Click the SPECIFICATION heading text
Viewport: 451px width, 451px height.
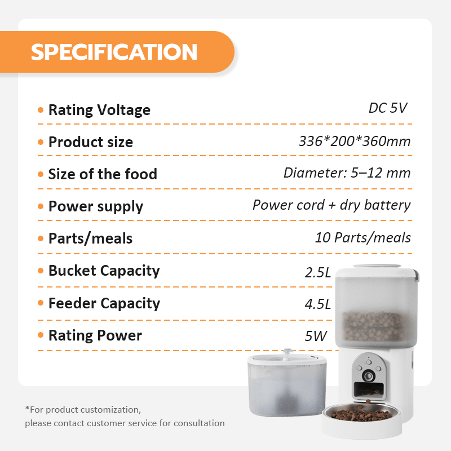114,52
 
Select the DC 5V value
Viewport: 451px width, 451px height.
388,108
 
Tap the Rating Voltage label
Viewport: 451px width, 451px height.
99,110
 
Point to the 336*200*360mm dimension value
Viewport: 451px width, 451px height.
355,142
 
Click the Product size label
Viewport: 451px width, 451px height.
91,142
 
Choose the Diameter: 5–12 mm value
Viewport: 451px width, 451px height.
347,173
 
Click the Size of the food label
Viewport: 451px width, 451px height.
103,174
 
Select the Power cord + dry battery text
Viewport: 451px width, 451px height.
331,205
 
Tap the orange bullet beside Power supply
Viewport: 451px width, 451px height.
41,206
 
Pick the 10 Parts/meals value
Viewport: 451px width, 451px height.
362,238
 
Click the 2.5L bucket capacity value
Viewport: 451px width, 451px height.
318,272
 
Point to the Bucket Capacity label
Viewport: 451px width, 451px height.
104,271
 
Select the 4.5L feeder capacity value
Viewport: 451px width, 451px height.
318,304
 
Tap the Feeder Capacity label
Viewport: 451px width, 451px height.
104,303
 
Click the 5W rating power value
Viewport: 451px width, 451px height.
316,336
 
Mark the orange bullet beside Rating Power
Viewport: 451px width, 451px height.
41,335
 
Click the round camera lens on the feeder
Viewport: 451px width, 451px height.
369,375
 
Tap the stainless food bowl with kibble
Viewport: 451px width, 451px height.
361,414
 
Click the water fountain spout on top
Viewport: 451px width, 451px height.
288,353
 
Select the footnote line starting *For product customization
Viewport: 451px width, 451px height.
83,410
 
